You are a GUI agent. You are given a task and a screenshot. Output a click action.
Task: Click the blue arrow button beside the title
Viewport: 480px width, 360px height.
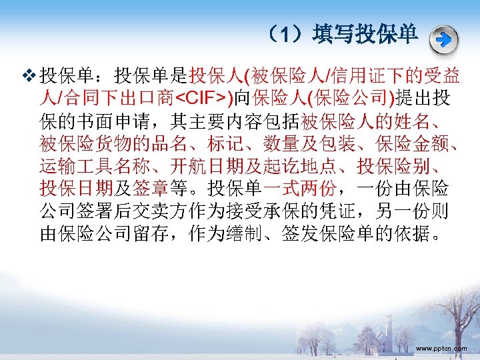point(443,39)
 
